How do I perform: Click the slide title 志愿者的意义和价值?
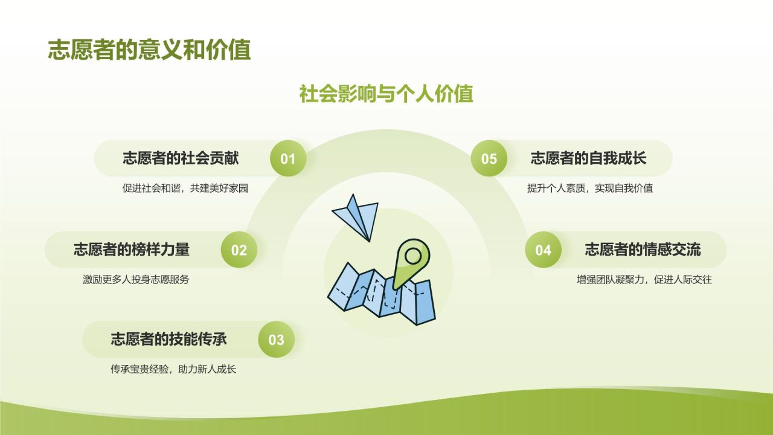point(149,50)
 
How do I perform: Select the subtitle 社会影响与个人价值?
point(386,94)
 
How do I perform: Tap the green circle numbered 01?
point(288,159)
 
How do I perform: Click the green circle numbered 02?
point(239,250)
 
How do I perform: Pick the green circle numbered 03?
point(276,340)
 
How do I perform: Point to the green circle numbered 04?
point(543,250)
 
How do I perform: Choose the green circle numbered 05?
point(489,159)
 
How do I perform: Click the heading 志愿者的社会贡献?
point(181,158)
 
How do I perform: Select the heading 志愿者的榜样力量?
point(132,249)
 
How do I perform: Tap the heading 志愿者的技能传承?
point(168,339)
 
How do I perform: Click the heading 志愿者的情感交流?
point(643,249)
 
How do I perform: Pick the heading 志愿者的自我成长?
point(588,158)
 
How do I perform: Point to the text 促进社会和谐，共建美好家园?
point(185,188)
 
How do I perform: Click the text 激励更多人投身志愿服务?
point(136,280)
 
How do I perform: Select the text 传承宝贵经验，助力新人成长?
point(173,369)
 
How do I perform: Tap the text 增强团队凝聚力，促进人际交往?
point(644,280)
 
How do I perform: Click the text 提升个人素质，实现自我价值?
point(589,188)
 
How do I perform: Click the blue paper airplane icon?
point(358,216)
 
